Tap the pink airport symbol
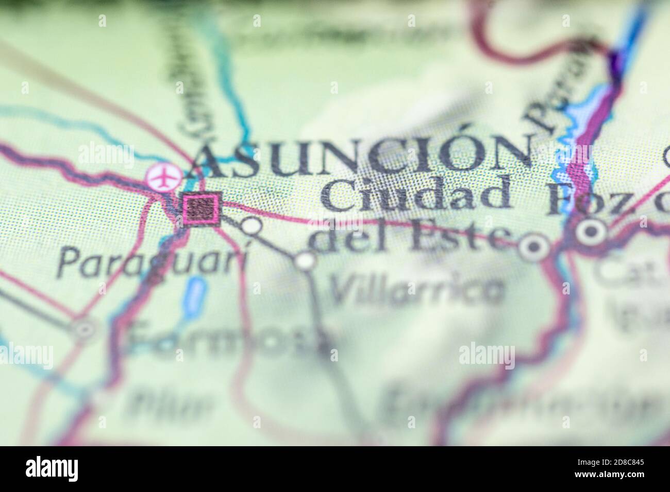click(x=161, y=177)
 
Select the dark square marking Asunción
click(x=203, y=208)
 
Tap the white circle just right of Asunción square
click(x=252, y=226)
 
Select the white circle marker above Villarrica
click(x=306, y=260)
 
